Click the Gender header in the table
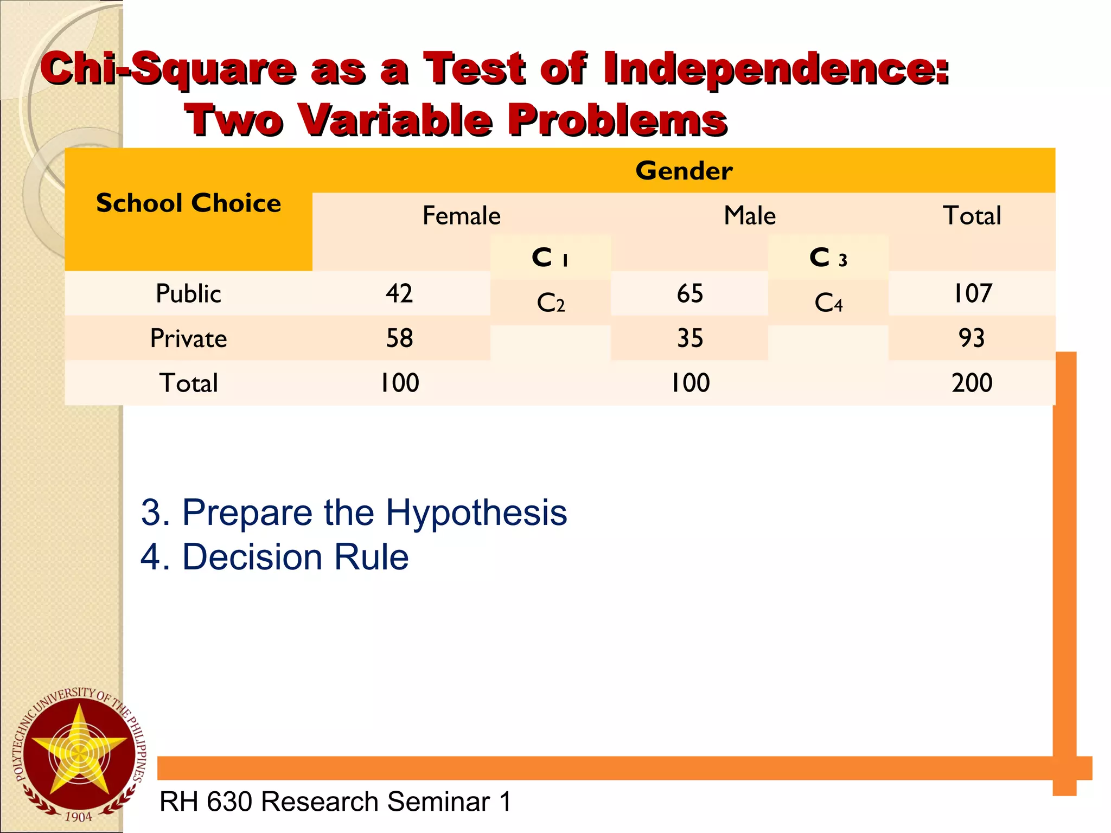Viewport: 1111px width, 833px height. coord(684,171)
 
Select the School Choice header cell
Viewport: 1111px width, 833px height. coord(188,203)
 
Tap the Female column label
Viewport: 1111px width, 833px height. coord(461,216)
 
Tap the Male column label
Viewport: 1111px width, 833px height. coord(750,216)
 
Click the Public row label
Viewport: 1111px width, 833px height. coord(188,294)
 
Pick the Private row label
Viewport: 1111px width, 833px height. coord(188,338)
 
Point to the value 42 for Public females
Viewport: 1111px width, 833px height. coord(399,294)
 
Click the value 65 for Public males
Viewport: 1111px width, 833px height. coord(690,294)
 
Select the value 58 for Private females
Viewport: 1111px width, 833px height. coord(399,338)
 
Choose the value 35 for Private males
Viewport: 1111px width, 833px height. coord(690,338)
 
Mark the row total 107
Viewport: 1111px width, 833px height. coord(972,294)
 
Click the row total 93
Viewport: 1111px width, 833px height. coord(972,338)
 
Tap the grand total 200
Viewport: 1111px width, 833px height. coord(972,383)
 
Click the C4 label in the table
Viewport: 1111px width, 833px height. coord(828,303)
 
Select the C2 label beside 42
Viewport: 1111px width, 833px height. coord(551,303)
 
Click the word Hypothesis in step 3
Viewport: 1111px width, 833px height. coord(476,513)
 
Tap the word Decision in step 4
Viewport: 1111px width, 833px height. coord(254,558)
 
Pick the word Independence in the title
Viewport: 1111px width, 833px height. coord(776,69)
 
